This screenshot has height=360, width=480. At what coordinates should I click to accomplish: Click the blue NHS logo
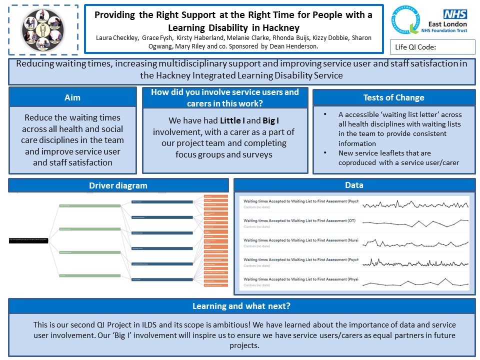tap(455, 14)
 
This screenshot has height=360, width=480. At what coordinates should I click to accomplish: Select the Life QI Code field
tap(432, 47)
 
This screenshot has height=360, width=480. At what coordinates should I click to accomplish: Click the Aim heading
tap(72, 97)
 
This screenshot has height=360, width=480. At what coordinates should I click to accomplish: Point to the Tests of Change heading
tap(393, 97)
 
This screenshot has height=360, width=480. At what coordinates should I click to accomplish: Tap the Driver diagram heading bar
tap(118, 185)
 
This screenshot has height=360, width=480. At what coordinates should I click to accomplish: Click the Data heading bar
tap(354, 185)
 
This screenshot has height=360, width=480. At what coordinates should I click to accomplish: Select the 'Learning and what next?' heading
tap(241, 306)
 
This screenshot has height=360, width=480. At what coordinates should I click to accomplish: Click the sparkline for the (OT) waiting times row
tap(415, 222)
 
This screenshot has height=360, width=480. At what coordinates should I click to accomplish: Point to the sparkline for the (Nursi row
tap(415, 242)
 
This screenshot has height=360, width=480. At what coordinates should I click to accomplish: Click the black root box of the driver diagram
tap(29, 240)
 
